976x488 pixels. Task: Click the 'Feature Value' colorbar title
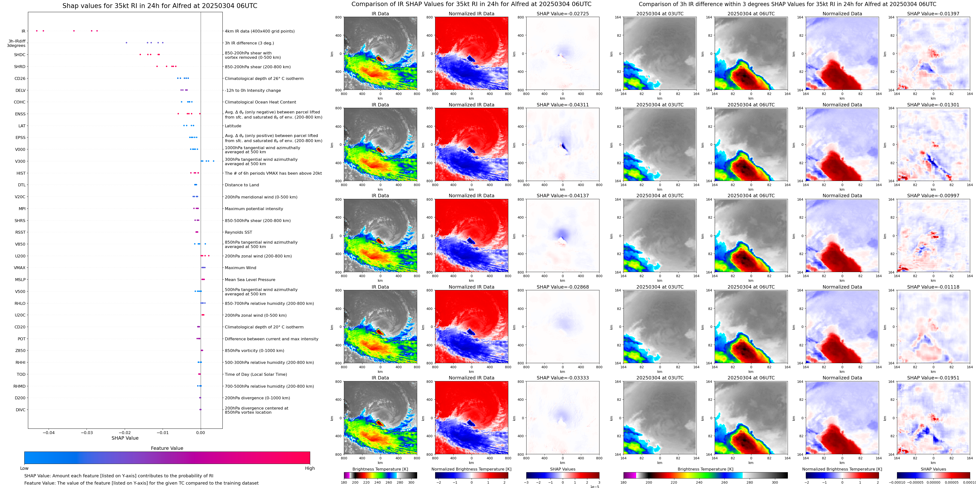click(x=167, y=448)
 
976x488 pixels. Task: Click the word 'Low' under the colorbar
click(x=24, y=468)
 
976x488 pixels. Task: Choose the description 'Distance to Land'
click(x=242, y=185)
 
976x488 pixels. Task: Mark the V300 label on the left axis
click(x=20, y=161)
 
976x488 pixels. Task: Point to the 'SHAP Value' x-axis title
click(x=125, y=438)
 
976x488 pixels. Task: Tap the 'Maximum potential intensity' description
click(x=254, y=209)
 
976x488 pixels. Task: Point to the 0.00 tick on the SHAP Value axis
click(x=201, y=432)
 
